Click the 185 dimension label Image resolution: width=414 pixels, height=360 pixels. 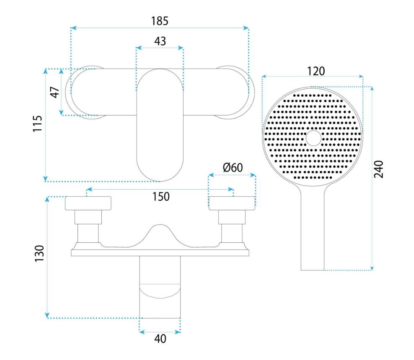pyautogui.click(x=160, y=21)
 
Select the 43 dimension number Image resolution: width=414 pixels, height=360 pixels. pyautogui.click(x=160, y=41)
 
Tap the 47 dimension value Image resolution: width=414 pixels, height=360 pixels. pyautogui.click(x=55, y=92)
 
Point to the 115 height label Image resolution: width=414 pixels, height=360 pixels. pyautogui.click(x=37, y=123)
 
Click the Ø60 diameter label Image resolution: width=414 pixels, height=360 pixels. pyautogui.click(x=233, y=167)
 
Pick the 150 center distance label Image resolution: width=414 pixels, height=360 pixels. pyautogui.click(x=161, y=197)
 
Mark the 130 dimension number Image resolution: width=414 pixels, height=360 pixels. pyautogui.click(x=39, y=253)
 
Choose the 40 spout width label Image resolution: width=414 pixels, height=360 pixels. pyautogui.click(x=160, y=339)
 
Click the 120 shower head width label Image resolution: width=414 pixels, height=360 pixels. pyautogui.click(x=316, y=71)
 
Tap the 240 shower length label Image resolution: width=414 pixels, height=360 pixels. pyautogui.click(x=379, y=169)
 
